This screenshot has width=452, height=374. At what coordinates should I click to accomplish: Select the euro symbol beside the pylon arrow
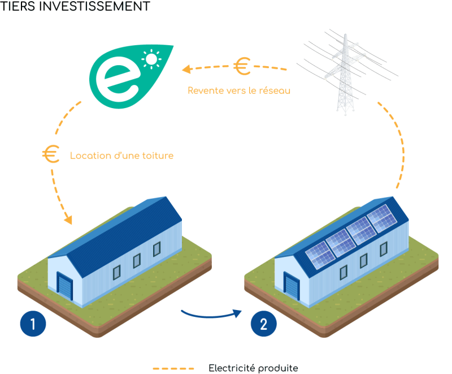pos(242,67)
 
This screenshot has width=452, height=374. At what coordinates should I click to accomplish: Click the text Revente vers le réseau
pos(239,90)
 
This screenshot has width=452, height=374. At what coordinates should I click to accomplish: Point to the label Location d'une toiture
pos(121,155)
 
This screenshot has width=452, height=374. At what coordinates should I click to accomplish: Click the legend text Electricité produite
pos(253,368)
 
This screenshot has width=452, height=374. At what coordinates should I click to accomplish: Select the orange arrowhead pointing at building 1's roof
pos(68,219)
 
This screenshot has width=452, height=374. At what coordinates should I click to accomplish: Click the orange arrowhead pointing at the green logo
pos(185,70)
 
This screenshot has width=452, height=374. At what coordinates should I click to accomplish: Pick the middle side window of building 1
pos(136,260)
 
